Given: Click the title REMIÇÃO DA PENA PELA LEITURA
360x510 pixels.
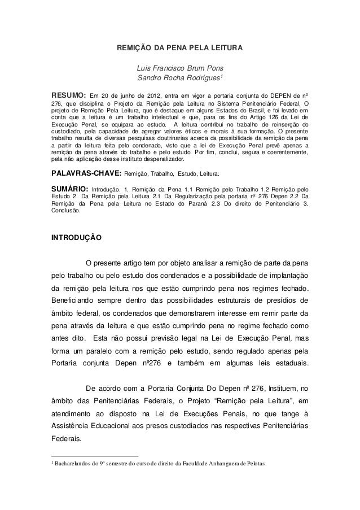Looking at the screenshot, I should (x=179, y=49).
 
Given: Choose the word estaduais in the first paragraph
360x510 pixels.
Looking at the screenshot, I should (x=289, y=363).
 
